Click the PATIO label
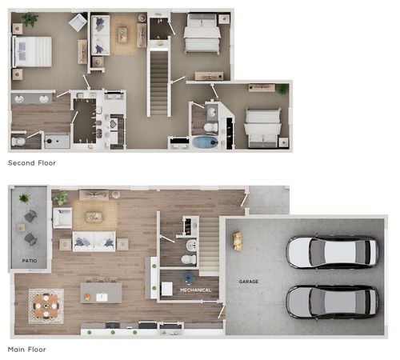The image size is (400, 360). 30,261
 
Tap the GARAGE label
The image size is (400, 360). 249,282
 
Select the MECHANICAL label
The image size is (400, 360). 195,290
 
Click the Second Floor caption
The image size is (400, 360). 32,163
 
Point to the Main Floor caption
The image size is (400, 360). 27,350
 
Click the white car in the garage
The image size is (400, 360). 332,252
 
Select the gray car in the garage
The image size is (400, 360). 332,302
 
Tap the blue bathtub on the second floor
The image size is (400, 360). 206,142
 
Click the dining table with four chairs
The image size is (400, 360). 46,306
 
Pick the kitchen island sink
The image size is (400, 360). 102,297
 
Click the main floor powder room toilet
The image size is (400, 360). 189,259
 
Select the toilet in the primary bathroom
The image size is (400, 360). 18,142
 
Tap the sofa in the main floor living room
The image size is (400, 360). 94,242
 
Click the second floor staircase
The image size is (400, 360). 159,82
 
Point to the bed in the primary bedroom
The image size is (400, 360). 32,51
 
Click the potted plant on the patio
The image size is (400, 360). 24,198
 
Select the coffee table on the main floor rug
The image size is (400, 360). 94,217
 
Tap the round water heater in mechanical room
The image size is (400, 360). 189,278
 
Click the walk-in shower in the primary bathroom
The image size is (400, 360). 57,142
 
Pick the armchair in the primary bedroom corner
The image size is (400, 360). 78,22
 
